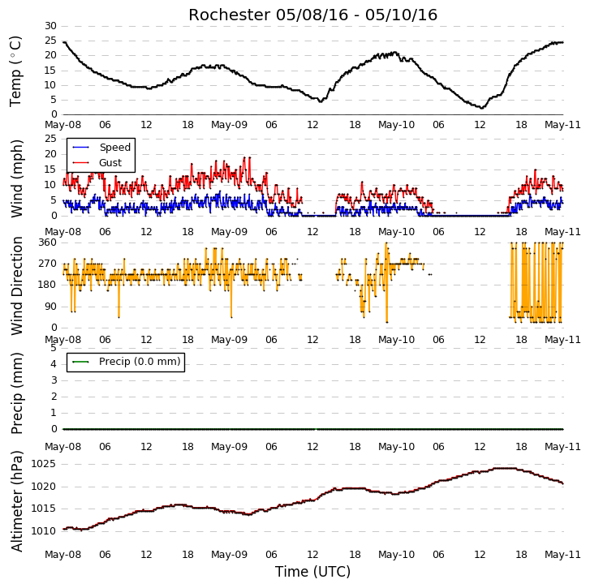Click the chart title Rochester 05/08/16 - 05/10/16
coord(312,15)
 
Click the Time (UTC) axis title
coord(312,572)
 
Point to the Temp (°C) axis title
coord(15,71)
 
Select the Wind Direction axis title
coord(16,285)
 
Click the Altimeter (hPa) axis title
coord(16,501)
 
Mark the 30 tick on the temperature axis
coord(50,26)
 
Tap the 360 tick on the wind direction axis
coord(47,242)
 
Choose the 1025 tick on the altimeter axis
coord(44,464)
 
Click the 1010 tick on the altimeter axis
coord(44,531)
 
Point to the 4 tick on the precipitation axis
coord(54,364)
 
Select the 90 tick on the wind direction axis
coord(50,307)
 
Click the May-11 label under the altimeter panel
coord(563,555)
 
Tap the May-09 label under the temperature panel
coord(229,124)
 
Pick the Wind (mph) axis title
coord(16,178)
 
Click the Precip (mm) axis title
coord(16,393)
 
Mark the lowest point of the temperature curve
coord(481,109)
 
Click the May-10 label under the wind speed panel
coord(396,232)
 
